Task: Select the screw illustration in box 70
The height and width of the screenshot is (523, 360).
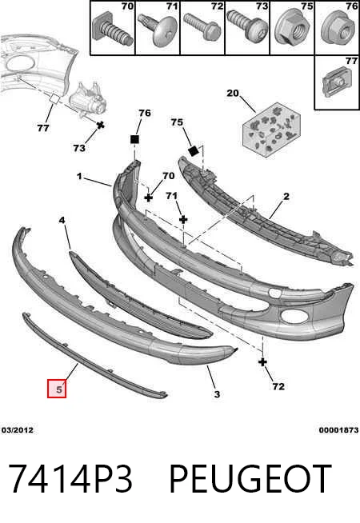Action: [x=113, y=30]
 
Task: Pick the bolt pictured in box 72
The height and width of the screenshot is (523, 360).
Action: [x=202, y=26]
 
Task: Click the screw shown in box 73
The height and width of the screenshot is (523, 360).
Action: [x=247, y=26]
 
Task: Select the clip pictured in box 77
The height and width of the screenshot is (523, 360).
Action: [x=336, y=82]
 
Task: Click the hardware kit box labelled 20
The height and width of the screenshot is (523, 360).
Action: [x=271, y=129]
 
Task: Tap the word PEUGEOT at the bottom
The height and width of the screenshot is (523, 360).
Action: [x=250, y=479]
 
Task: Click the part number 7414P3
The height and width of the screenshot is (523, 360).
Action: [x=70, y=479]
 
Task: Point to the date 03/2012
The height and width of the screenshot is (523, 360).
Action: [x=18, y=430]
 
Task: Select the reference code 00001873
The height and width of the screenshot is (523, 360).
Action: [x=338, y=430]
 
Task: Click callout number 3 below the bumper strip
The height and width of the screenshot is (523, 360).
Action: [x=217, y=394]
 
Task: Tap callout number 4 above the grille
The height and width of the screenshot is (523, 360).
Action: [x=62, y=220]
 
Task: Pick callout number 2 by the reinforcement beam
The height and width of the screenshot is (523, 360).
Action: [x=286, y=197]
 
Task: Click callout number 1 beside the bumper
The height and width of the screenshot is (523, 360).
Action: [x=79, y=176]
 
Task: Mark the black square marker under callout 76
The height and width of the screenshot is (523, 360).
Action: [x=134, y=139]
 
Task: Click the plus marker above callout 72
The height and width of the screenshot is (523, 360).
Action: [x=263, y=362]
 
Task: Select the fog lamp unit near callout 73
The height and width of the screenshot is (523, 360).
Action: [x=86, y=100]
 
